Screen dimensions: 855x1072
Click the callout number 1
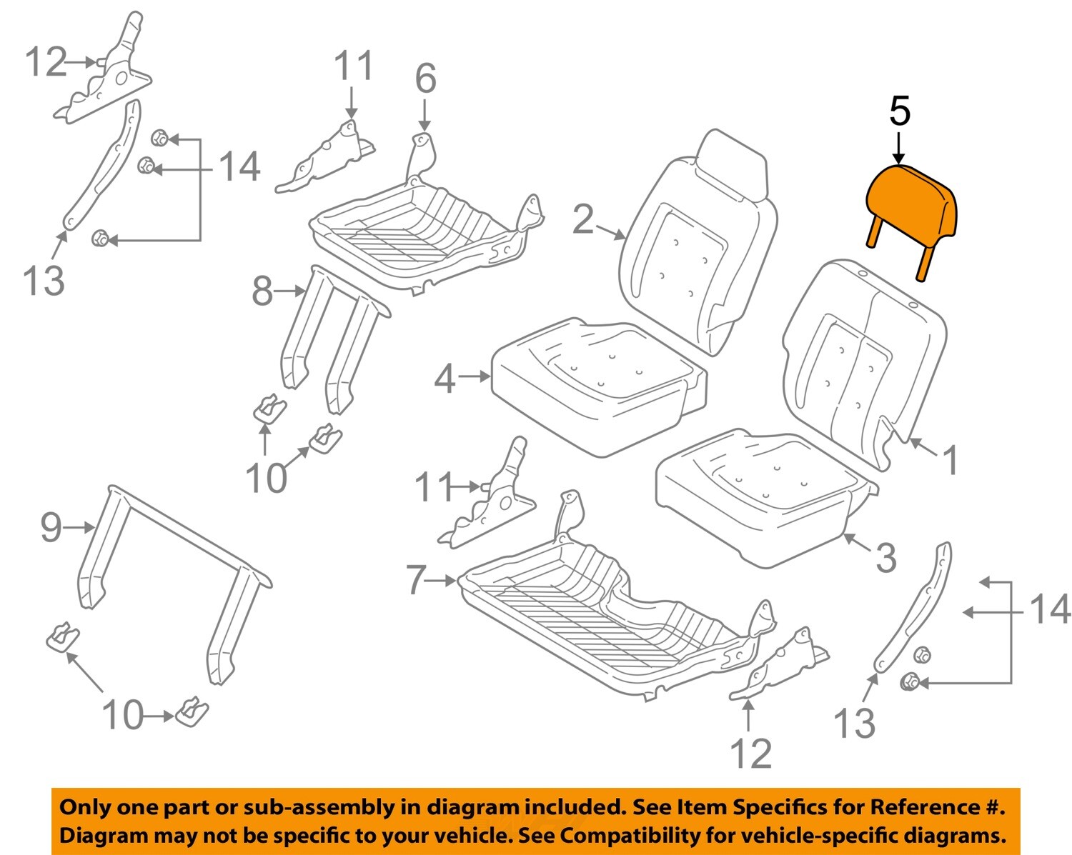pyautogui.click(x=950, y=460)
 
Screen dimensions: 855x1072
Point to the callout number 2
pyautogui.click(x=583, y=219)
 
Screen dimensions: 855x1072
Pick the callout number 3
pyautogui.click(x=885, y=557)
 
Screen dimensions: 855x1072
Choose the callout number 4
pyautogui.click(x=445, y=378)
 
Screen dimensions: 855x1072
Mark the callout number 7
pyautogui.click(x=417, y=579)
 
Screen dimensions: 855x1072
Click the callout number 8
pyautogui.click(x=262, y=291)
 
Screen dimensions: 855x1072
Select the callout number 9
pyautogui.click(x=51, y=527)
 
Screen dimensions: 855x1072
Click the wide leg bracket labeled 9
pyautogui.click(x=172, y=571)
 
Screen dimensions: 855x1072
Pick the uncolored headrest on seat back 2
pyautogui.click(x=733, y=164)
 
